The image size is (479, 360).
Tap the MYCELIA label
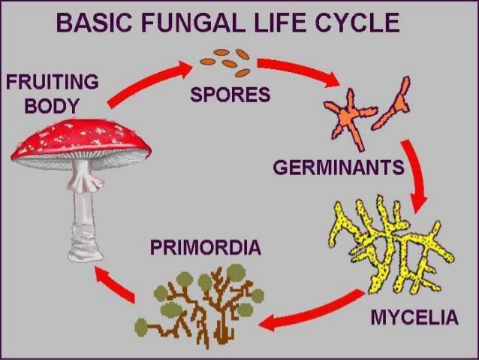point(414,318)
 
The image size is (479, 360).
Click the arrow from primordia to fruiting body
point(113,286)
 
